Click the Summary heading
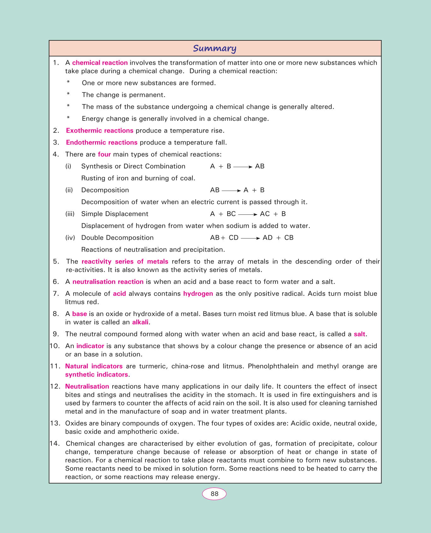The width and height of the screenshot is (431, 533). coord(215,48)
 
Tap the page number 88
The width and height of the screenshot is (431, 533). coord(215,494)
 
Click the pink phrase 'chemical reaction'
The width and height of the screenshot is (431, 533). coord(100,63)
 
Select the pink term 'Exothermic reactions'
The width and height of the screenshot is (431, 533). coord(100,131)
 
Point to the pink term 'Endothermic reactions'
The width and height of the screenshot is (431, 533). coord(102,143)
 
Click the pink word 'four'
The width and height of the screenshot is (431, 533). coord(104,155)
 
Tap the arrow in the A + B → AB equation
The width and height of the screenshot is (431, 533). coord(243,167)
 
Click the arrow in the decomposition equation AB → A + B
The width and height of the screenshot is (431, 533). coord(231,190)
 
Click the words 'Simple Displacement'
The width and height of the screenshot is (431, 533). coord(115,214)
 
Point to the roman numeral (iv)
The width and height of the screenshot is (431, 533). coord(70,238)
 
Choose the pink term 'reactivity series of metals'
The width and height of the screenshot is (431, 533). coord(125,261)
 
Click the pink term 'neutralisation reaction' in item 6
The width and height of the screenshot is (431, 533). coord(108,282)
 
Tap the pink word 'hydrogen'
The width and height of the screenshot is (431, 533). coord(198,294)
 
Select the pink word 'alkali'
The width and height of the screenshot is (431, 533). coord(140,322)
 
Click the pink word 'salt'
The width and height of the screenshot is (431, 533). coord(360,334)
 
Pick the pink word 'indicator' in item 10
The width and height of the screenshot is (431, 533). coord(90,346)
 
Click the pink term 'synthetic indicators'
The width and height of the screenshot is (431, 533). coord(97,375)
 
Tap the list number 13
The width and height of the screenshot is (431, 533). coord(55,423)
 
